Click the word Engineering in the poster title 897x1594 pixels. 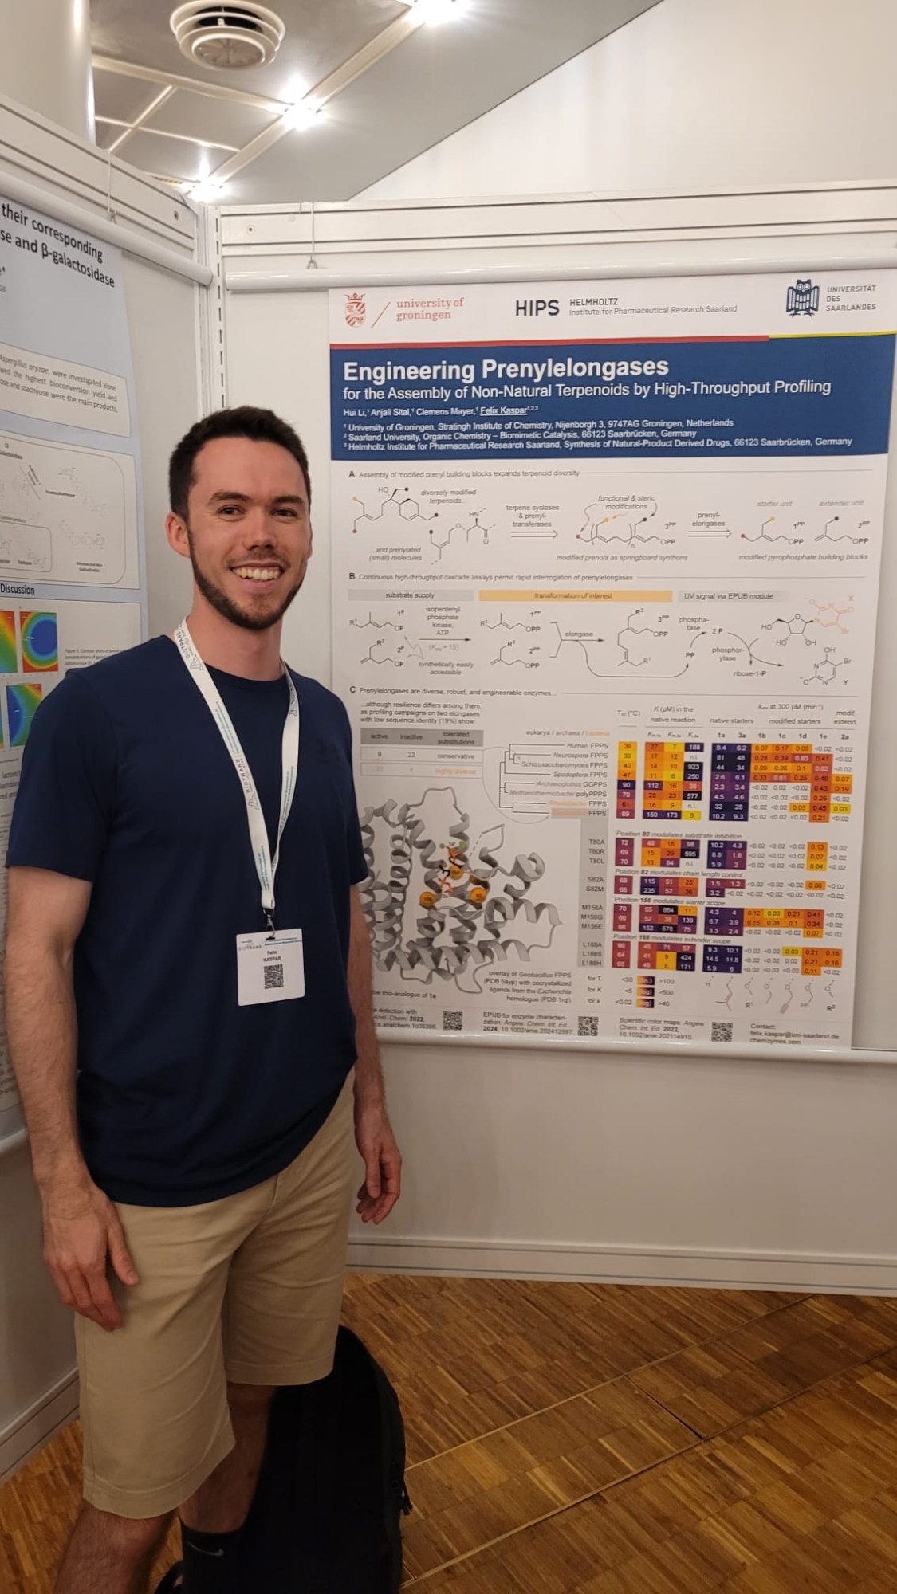pos(408,371)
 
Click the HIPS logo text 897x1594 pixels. pos(536,308)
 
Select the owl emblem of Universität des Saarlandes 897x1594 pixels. pos(801,297)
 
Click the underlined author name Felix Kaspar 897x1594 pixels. pos(503,410)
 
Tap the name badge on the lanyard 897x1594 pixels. pos(270,965)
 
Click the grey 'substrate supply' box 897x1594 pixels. pos(410,595)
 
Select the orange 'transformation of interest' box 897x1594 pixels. pos(574,595)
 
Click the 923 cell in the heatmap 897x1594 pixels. pos(692,766)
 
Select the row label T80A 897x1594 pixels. pos(596,842)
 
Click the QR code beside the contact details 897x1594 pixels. pos(722,1031)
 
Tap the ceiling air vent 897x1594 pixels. pos(227,33)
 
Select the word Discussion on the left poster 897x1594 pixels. pos(18,589)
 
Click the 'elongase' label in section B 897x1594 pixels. pos(578,634)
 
